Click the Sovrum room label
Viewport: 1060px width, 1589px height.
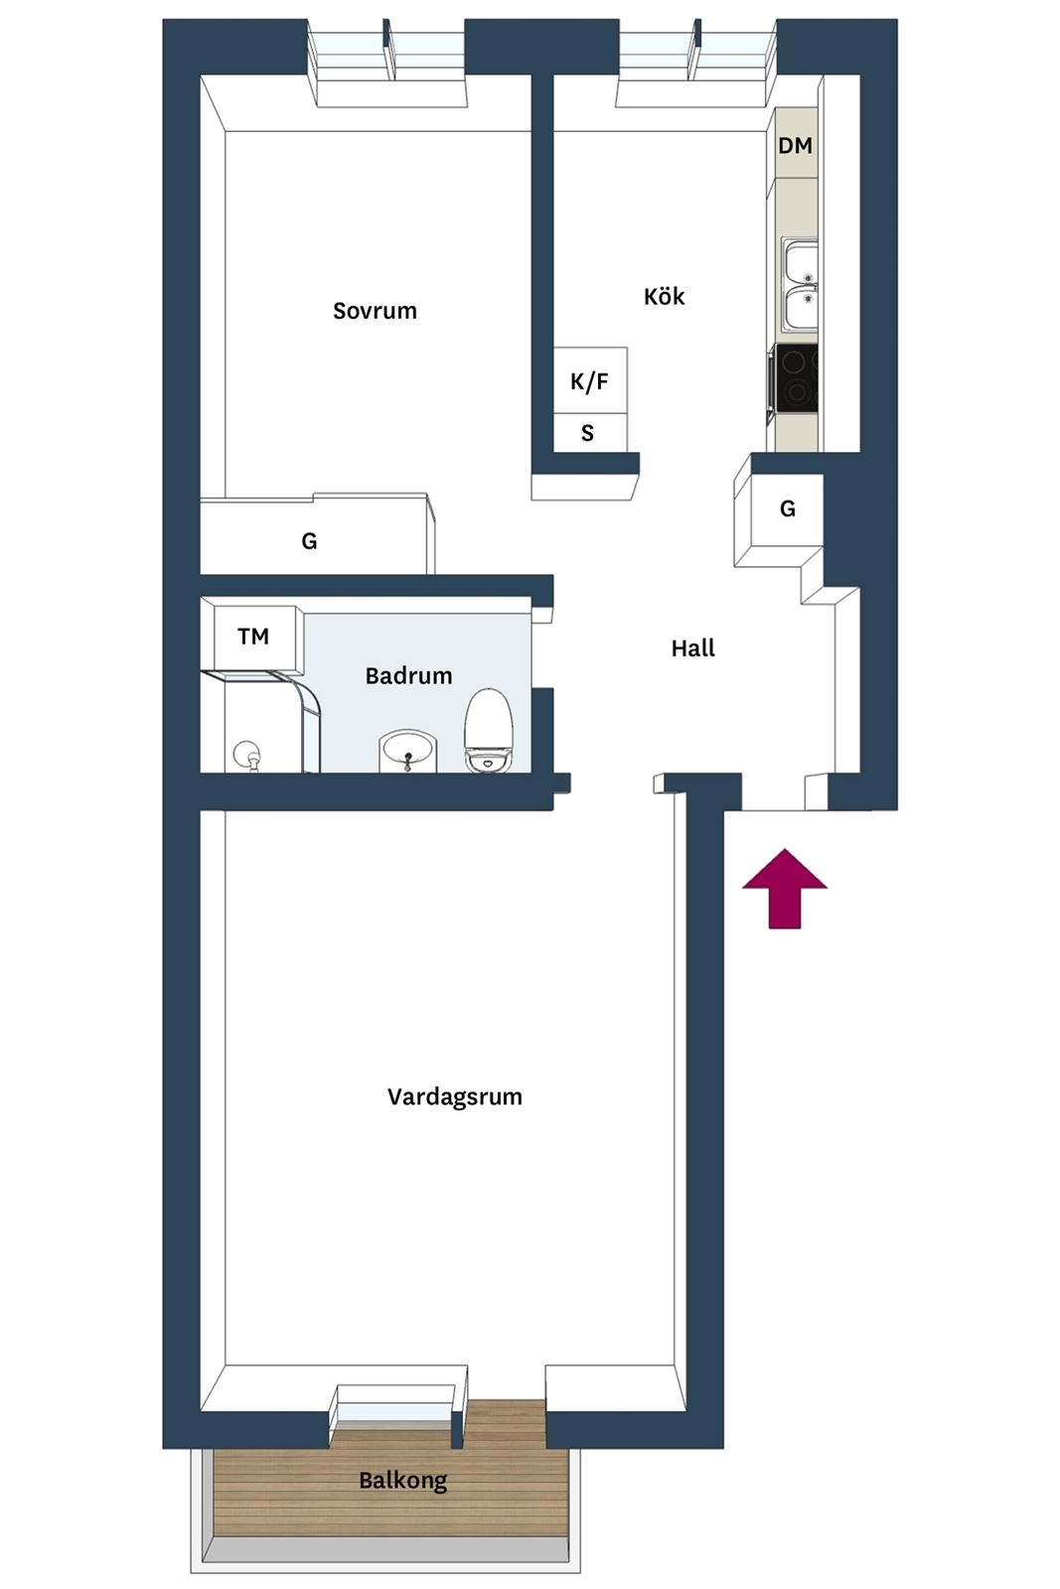(375, 311)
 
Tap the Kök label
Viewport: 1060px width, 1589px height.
(664, 296)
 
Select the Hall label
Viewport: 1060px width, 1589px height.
(692, 648)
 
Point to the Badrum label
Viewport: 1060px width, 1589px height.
(408, 675)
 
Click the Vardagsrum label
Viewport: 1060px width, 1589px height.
(455, 1096)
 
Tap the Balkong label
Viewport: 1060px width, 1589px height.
(403, 1480)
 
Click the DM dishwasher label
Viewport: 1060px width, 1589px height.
(795, 145)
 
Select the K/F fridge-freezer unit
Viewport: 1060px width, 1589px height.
(590, 381)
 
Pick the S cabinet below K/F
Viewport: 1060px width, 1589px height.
(590, 433)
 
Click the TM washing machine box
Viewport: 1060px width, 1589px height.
(254, 637)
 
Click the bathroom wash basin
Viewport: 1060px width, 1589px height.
(408, 752)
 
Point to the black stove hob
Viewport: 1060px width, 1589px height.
(797, 378)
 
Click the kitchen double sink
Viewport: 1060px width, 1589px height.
(800, 285)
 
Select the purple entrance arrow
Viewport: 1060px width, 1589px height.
(785, 888)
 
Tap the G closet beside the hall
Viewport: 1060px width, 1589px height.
(778, 510)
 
